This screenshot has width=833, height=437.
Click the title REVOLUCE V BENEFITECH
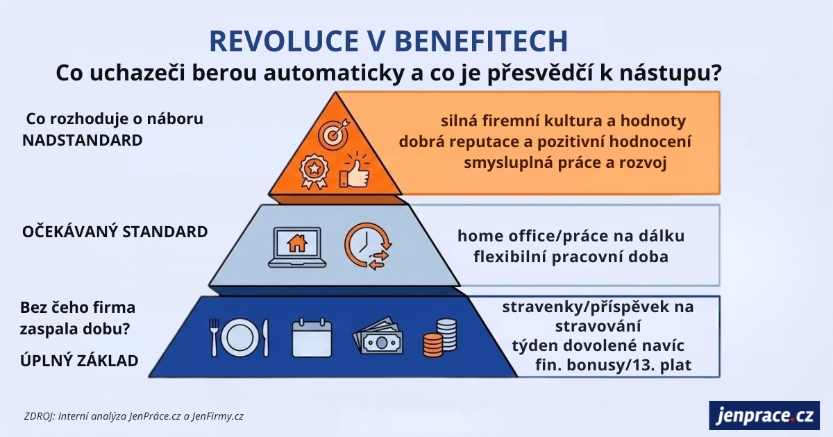coord(388,41)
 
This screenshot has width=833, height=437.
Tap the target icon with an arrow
coord(335,133)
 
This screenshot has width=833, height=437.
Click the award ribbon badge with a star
coord(314,171)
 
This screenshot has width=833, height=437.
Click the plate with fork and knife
coord(239,338)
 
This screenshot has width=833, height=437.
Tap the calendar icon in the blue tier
coord(312,338)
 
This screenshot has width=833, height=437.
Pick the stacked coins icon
coord(440,338)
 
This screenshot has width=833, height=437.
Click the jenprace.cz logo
coord(764,415)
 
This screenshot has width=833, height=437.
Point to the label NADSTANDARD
coord(83,140)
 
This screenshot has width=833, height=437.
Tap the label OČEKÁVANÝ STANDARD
coord(115,232)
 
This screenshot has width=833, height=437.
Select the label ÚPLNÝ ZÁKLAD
coord(79,361)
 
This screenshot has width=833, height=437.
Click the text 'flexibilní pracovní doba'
coord(571,257)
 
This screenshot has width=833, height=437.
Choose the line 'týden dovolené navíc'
coord(598,345)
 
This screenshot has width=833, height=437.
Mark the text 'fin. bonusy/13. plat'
coord(613,365)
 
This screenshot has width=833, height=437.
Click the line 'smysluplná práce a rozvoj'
coord(565,163)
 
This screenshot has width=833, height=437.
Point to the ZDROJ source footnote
coord(133,416)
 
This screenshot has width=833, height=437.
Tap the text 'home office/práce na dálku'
coord(571,237)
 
